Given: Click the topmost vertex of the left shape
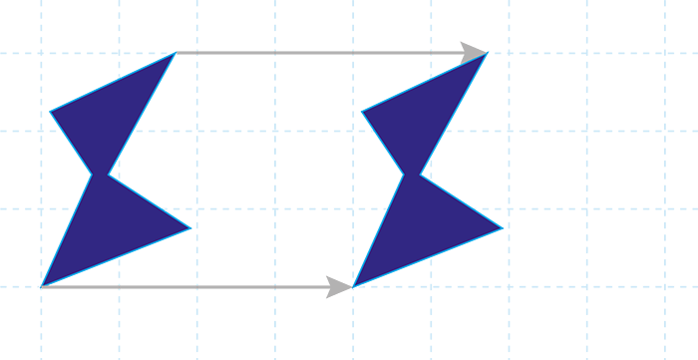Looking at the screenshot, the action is pyautogui.click(x=174, y=53).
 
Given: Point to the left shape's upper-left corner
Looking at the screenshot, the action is pyautogui.click(x=50, y=111).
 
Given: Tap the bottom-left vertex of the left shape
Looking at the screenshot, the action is pyautogui.click(x=42, y=286).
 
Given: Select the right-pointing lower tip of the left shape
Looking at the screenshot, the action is pyautogui.click(x=190, y=228).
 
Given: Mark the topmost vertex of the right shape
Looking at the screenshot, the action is pyautogui.click(x=487, y=53).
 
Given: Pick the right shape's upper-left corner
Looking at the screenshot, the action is pyautogui.click(x=361, y=111).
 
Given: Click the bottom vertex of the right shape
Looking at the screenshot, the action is pyautogui.click(x=354, y=286).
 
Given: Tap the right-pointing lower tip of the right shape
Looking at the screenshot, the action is pyautogui.click(x=503, y=228).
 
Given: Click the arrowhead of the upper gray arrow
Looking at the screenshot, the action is pyautogui.click(x=475, y=53).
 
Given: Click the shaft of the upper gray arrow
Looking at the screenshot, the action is pyautogui.click(x=319, y=53).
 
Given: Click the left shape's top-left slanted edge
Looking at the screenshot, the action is pyautogui.click(x=112, y=82).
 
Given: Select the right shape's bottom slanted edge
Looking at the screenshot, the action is pyautogui.click(x=429, y=257).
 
